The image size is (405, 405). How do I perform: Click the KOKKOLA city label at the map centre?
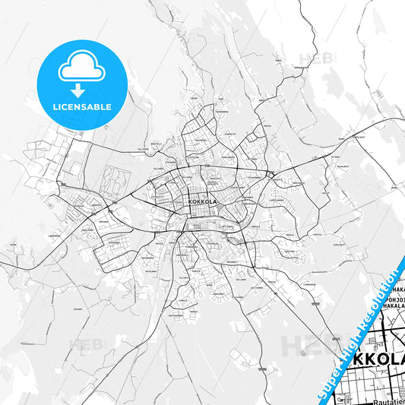201,202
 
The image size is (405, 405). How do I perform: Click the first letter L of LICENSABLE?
55,107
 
